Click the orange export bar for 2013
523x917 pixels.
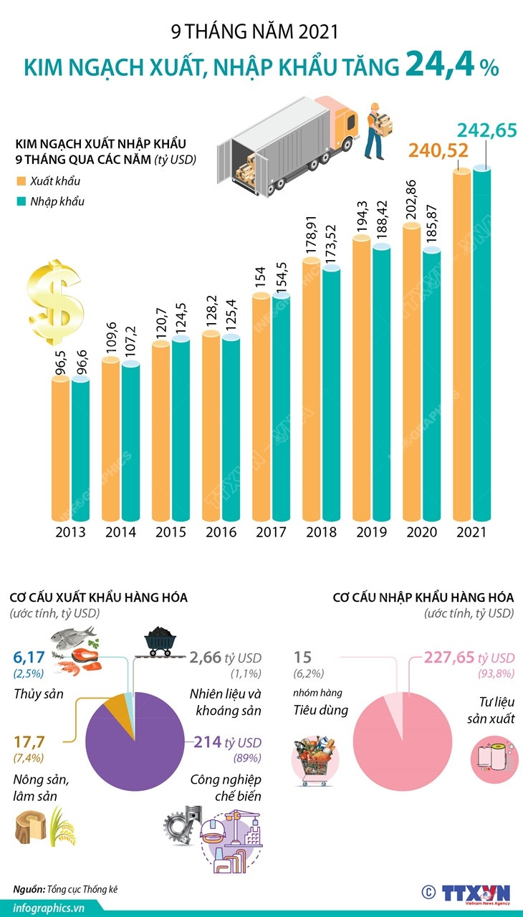61,448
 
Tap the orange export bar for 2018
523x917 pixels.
311,387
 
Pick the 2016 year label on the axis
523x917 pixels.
221,532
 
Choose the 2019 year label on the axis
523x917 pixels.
371,532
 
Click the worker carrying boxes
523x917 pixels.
378,129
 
